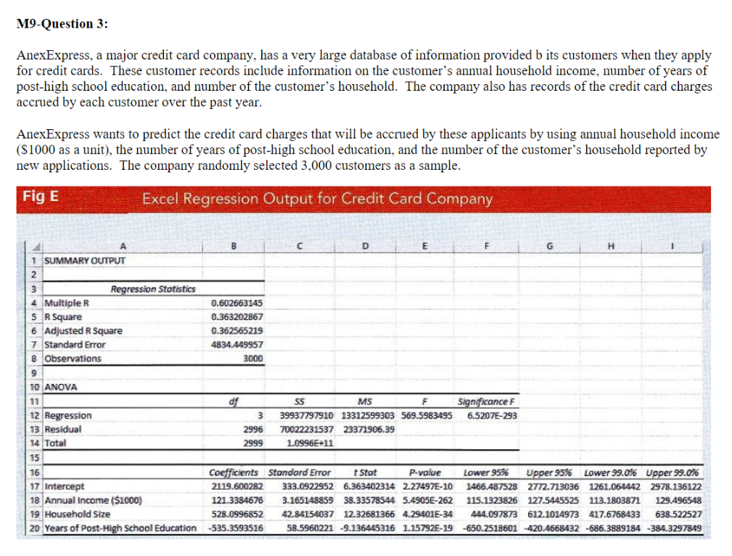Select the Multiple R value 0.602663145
click(237, 303)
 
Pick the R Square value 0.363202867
click(237, 316)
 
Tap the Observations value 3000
click(252, 359)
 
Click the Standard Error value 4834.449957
click(237, 345)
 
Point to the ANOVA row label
click(62, 387)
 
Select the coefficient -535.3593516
click(236, 528)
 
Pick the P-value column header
click(424, 472)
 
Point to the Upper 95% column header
click(548, 472)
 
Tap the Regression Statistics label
click(152, 289)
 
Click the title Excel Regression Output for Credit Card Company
click(317, 198)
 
